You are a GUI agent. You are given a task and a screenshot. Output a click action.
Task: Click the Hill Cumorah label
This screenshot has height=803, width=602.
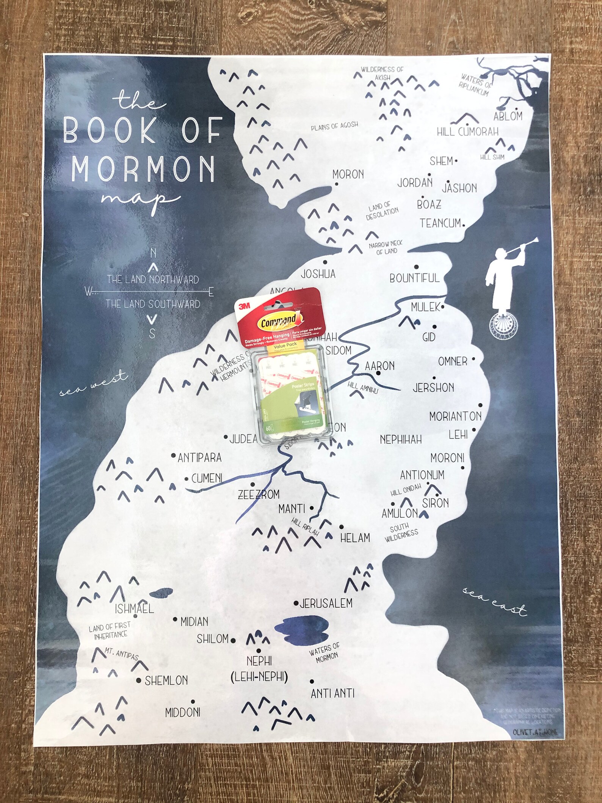click(x=467, y=132)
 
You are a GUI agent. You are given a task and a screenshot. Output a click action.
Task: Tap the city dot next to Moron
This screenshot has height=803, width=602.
click(x=336, y=184)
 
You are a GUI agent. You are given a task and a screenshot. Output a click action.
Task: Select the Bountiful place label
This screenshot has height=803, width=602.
click(x=414, y=278)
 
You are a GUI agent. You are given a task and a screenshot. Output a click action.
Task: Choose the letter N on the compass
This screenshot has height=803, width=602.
click(x=153, y=253)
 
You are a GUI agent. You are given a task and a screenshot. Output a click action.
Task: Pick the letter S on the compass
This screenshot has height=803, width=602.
click(x=152, y=333)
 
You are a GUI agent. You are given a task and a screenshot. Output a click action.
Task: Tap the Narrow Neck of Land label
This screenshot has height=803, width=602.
click(x=386, y=247)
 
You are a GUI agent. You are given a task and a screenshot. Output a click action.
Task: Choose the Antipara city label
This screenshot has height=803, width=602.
click(x=199, y=458)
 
